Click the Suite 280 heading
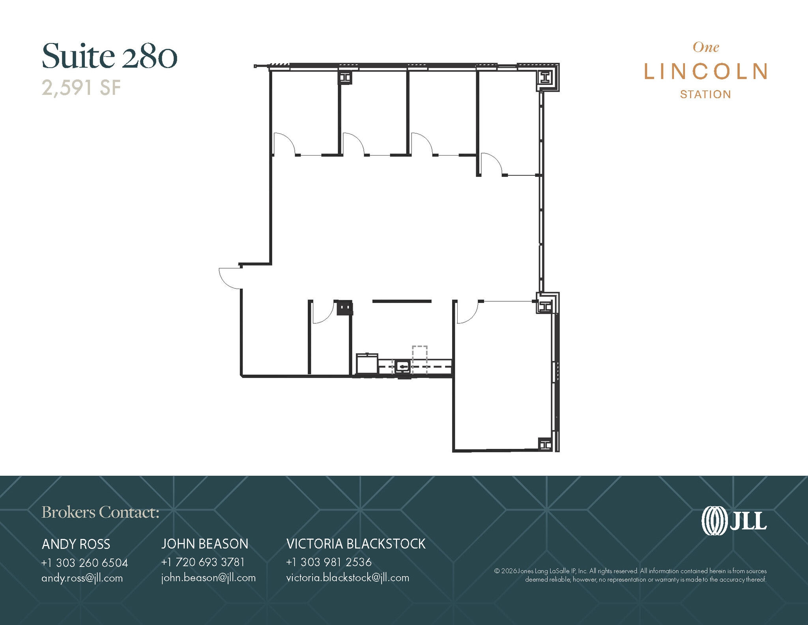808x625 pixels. [x=109, y=56]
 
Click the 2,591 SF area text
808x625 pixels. [x=81, y=88]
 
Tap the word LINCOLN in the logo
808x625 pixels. [x=705, y=71]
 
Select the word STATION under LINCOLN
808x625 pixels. [x=705, y=94]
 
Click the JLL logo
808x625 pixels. [x=734, y=521]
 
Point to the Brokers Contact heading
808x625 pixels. [x=100, y=512]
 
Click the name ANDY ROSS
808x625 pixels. [x=76, y=544]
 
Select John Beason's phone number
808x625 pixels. [x=203, y=562]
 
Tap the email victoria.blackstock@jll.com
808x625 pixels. [x=348, y=578]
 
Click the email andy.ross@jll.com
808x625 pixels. [x=82, y=578]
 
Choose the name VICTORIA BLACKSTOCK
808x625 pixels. [x=356, y=544]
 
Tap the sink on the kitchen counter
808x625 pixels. [x=402, y=367]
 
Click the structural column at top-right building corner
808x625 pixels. [x=546, y=77]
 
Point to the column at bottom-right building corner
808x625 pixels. [x=545, y=445]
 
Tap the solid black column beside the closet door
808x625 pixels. [x=345, y=308]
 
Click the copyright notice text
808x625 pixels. [x=630, y=575]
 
